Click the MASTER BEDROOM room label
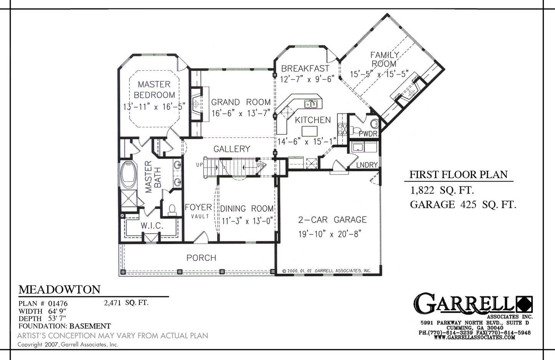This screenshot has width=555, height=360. [154, 90]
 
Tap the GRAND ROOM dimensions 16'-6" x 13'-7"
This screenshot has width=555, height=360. [240, 113]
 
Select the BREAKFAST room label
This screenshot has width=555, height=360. [305, 68]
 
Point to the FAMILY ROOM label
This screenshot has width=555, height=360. [384, 59]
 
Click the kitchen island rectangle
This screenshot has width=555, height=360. [310, 131]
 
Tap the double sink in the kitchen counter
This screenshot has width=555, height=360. [310, 104]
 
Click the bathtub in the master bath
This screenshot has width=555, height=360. [128, 175]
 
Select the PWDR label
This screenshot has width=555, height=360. [368, 134]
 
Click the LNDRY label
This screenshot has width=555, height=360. [367, 165]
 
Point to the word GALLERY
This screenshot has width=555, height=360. [232, 149]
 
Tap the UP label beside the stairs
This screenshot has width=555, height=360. [199, 165]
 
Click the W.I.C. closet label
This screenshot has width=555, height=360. [152, 226]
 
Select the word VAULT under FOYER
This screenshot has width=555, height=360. [200, 216]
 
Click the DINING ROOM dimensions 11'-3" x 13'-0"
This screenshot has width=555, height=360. [247, 221]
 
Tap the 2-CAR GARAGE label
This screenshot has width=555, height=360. [332, 220]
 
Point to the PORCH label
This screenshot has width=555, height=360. [201, 258]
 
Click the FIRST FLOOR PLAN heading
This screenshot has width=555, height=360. [458, 175]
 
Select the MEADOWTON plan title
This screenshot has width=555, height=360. [60, 289]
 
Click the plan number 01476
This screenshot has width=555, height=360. [58, 304]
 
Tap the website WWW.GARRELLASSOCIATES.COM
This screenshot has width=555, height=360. [474, 337]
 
